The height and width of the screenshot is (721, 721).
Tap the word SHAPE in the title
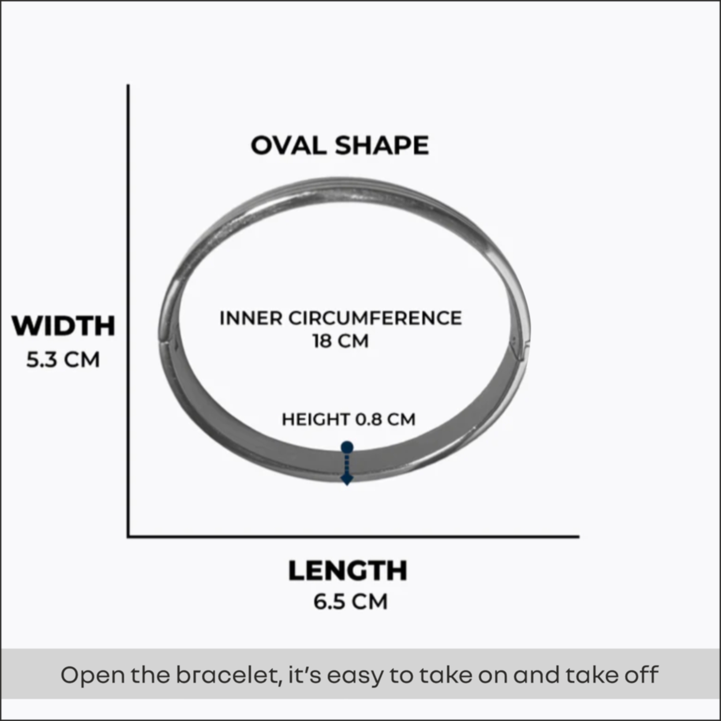[382, 146]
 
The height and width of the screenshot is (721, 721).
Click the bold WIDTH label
[64, 326]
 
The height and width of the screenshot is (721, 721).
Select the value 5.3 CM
[63, 360]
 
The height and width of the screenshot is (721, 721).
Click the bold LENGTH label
[347, 571]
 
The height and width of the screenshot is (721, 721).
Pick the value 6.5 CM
[350, 601]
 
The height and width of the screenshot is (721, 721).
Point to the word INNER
[251, 318]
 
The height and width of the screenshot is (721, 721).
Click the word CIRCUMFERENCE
[375, 318]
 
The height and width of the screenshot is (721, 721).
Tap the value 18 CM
[340, 341]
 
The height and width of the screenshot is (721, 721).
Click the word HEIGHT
[316, 420]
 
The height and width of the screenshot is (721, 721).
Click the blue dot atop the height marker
[347, 447]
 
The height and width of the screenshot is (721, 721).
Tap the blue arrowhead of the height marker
[347, 481]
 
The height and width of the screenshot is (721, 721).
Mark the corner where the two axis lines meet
[128, 536]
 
